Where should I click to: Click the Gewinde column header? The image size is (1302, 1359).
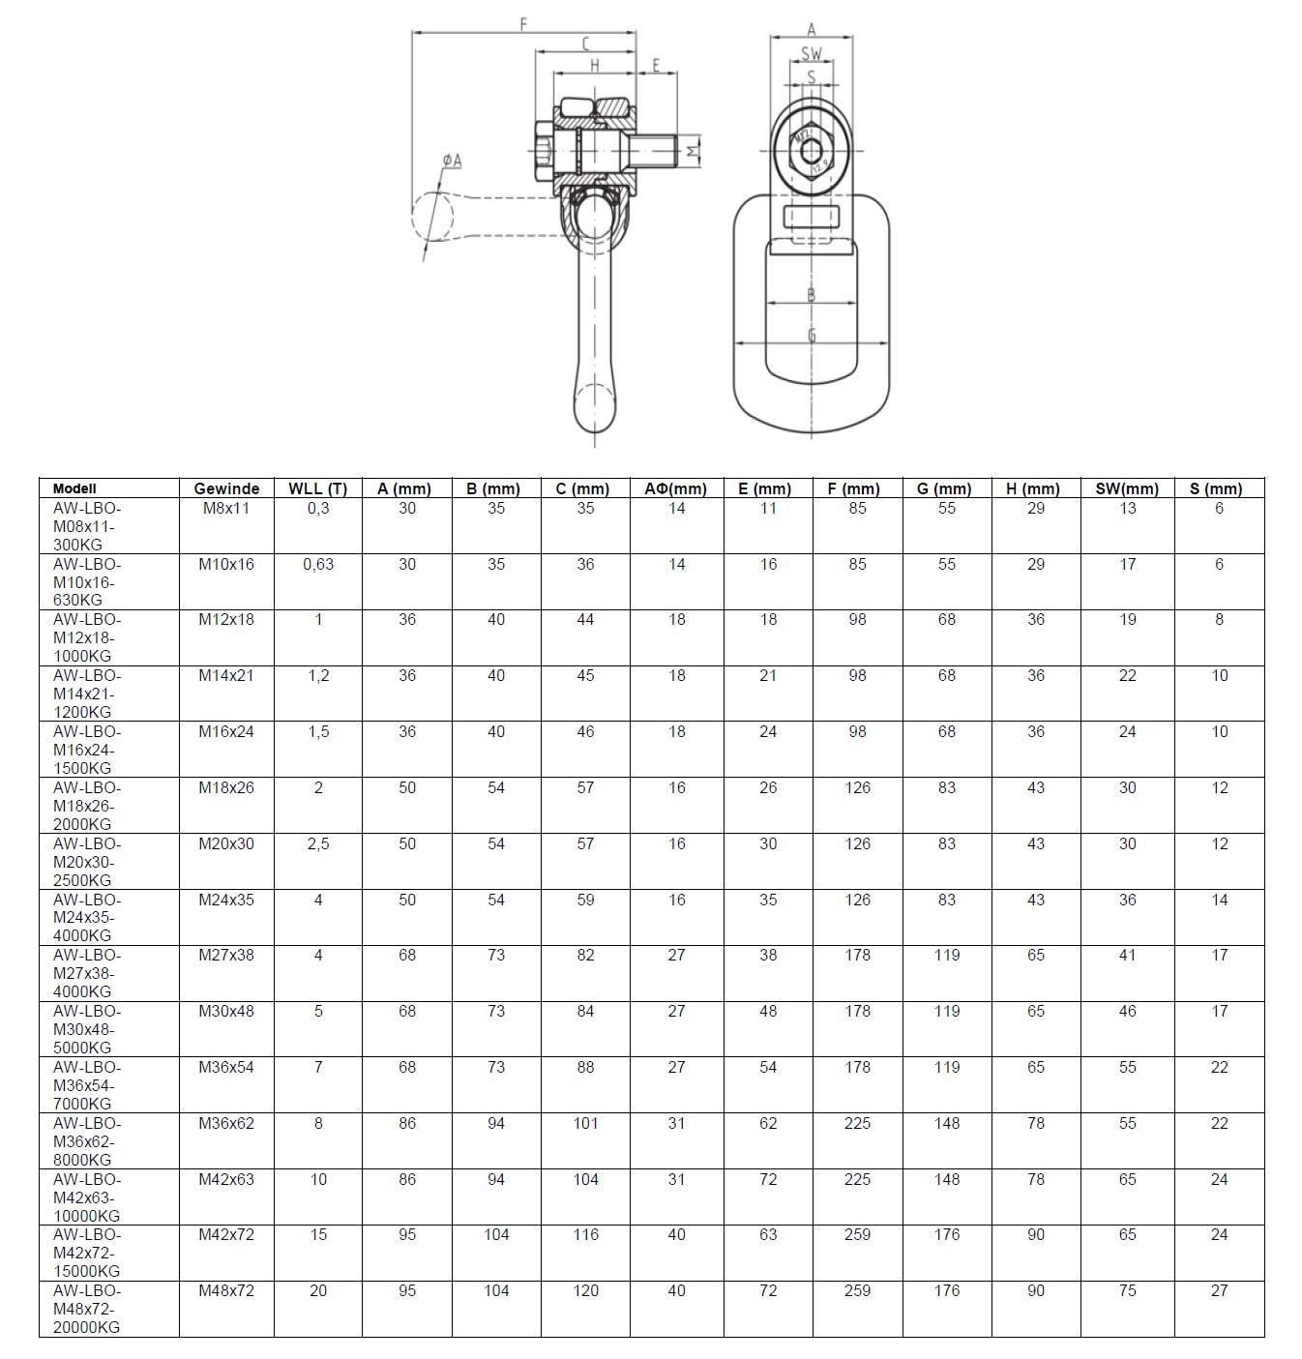point(226,488)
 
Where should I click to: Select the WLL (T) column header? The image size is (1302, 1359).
point(317,488)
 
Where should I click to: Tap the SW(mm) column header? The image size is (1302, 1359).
point(1127,488)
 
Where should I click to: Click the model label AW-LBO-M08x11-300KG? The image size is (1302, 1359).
point(87,526)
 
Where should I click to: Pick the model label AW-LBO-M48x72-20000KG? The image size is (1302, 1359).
point(87,1309)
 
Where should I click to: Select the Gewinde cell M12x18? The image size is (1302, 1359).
point(226,620)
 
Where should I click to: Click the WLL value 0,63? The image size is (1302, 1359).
point(318,564)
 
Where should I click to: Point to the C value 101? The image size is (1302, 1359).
point(585,1123)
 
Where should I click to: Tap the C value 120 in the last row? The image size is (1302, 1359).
point(585,1290)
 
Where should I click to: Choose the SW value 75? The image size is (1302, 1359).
point(1127,1290)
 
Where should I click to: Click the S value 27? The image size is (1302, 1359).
point(1219,1290)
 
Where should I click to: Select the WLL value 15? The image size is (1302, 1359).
point(318,1234)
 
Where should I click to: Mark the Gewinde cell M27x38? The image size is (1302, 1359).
point(226,955)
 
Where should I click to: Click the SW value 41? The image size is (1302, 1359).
point(1127,955)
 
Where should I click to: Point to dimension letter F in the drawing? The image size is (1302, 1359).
point(523,23)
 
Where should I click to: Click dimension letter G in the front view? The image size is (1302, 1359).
point(812,335)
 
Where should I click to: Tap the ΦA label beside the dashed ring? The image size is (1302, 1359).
point(452,160)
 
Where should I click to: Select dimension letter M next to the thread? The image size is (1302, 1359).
point(692,151)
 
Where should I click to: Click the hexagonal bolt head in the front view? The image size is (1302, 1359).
point(812,150)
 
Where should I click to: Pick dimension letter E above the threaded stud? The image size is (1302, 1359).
point(656,66)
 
